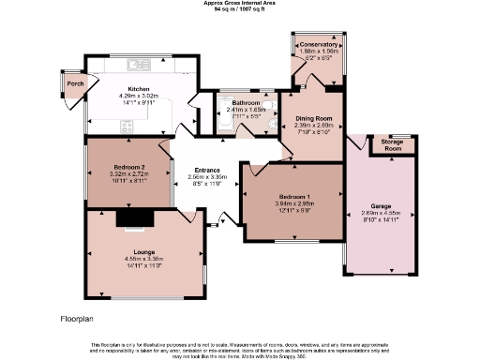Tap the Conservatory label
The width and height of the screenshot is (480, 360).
point(318,45)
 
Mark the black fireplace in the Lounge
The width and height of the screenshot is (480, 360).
point(131,218)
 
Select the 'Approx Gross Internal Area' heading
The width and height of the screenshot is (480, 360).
point(239,3)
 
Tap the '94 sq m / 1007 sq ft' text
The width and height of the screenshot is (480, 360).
point(239,9)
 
